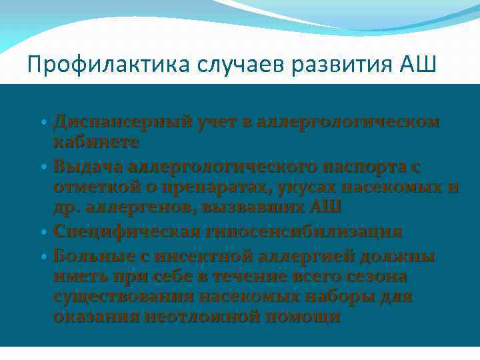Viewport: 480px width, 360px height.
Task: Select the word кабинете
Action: pos(96,142)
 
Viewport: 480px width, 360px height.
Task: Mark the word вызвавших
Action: pos(245,207)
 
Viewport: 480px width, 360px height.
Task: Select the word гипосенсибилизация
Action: pos(307,231)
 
